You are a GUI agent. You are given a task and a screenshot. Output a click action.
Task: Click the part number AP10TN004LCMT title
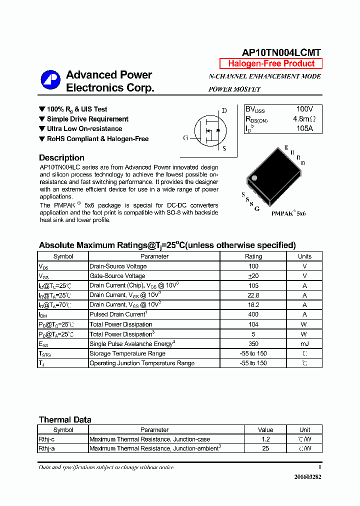pyautogui.click(x=281, y=52)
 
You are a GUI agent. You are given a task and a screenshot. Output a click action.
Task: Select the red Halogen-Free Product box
pyautogui.click(x=271, y=63)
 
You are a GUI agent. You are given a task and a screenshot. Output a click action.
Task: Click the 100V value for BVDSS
pyautogui.click(x=304, y=109)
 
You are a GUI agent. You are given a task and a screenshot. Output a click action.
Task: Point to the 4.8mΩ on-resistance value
pyautogui.click(x=304, y=119)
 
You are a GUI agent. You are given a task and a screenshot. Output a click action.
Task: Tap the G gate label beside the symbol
pyautogui.click(x=185, y=138)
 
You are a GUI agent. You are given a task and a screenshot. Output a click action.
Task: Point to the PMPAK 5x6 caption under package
pyautogui.click(x=288, y=213)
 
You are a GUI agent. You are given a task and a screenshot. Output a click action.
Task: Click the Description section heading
pyautogui.click(x=61, y=158)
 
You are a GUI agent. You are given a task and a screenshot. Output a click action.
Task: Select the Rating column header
pyautogui.click(x=253, y=256)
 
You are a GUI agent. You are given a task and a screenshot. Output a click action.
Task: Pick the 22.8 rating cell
pyautogui.click(x=253, y=295)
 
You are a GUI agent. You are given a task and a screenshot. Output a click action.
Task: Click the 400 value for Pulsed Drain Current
pyautogui.click(x=253, y=314)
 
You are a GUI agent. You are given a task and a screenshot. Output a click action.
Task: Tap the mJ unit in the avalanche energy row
pyautogui.click(x=304, y=344)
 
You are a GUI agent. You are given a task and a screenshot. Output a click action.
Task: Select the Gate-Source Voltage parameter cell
pyautogui.click(x=117, y=276)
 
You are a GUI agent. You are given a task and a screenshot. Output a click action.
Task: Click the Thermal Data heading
pyautogui.click(x=65, y=420)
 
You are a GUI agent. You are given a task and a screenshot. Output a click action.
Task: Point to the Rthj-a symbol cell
pyautogui.click(x=47, y=448)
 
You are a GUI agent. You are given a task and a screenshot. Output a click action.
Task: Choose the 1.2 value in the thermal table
pyautogui.click(x=265, y=439)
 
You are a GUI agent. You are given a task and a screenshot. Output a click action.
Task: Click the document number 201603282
pyautogui.click(x=307, y=477)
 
